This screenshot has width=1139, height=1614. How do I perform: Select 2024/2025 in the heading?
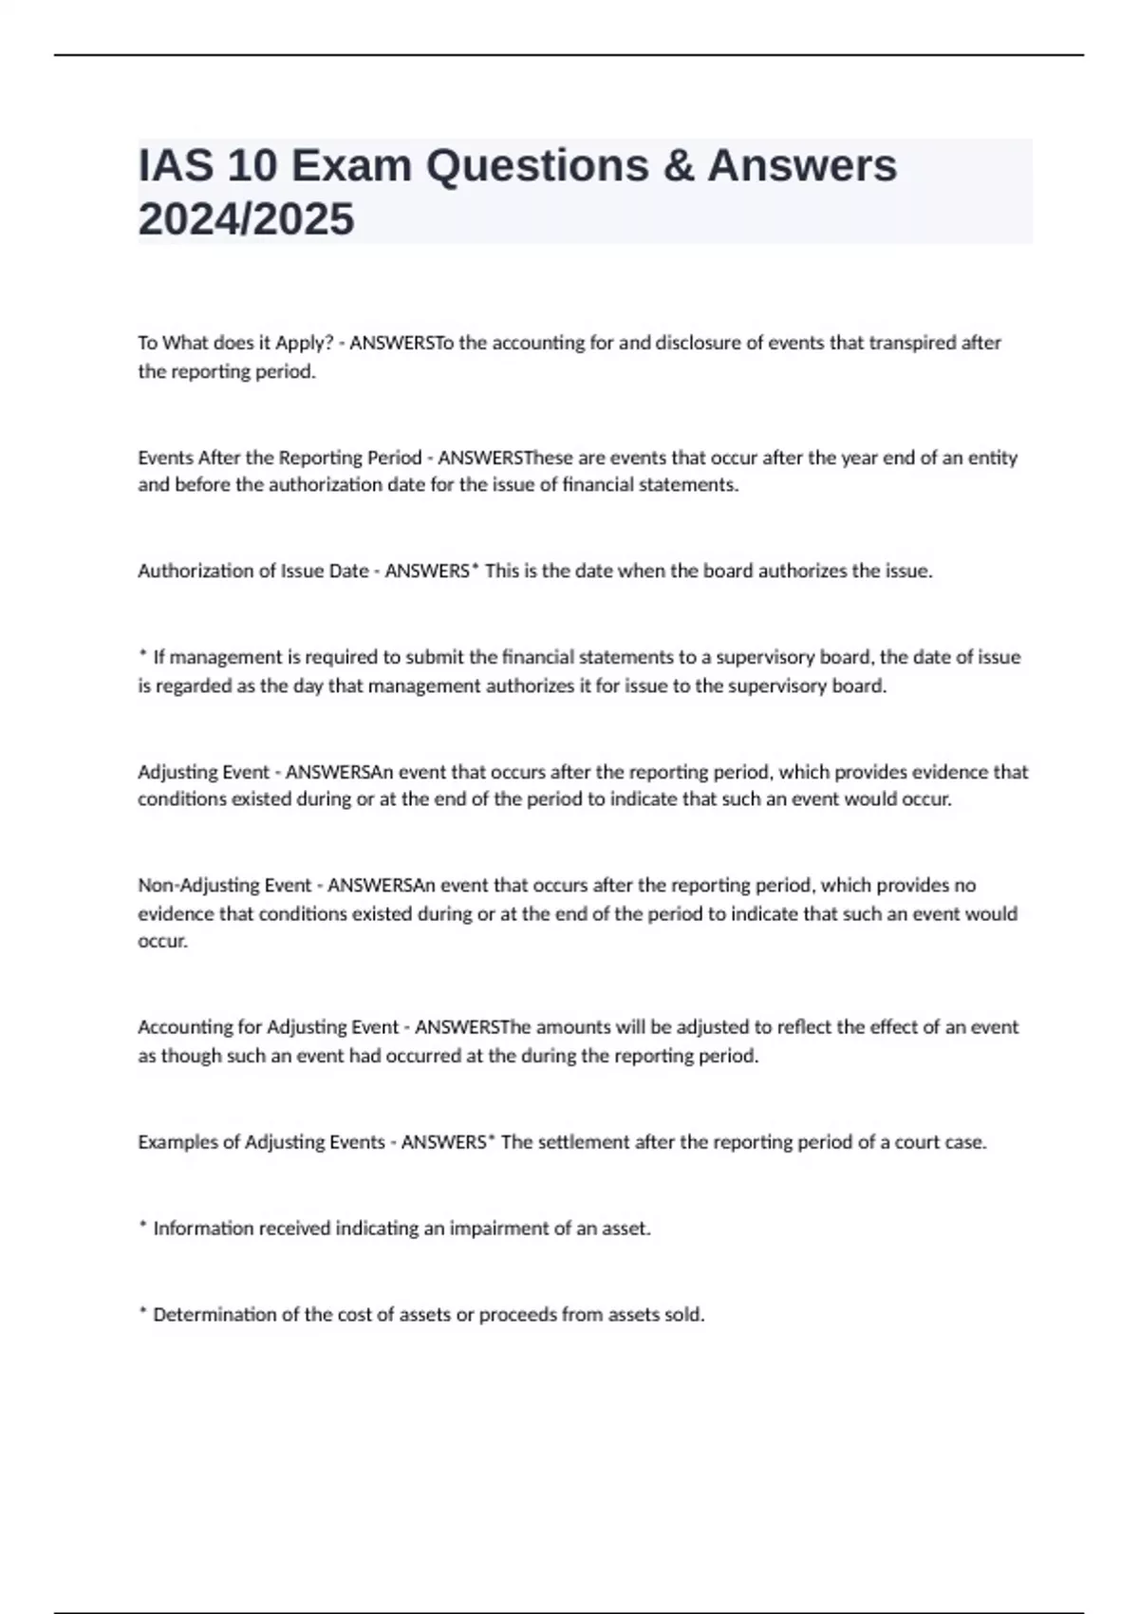click(246, 219)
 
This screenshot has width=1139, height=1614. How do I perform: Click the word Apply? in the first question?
click(304, 343)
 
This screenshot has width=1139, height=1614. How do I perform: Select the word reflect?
click(806, 1027)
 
